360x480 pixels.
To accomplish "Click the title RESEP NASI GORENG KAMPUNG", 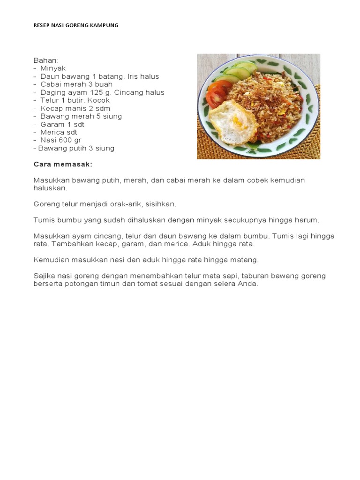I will pos(76,25).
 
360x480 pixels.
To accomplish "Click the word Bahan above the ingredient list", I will pos(46,60).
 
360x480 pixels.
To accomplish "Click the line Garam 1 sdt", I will pos(62,124).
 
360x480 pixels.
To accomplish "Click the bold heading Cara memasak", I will pos(63,164).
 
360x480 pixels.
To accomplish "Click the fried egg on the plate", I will pos(233,122).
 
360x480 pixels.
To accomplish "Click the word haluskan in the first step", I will pos(50,188).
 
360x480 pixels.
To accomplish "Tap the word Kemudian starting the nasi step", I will pos(52,260).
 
